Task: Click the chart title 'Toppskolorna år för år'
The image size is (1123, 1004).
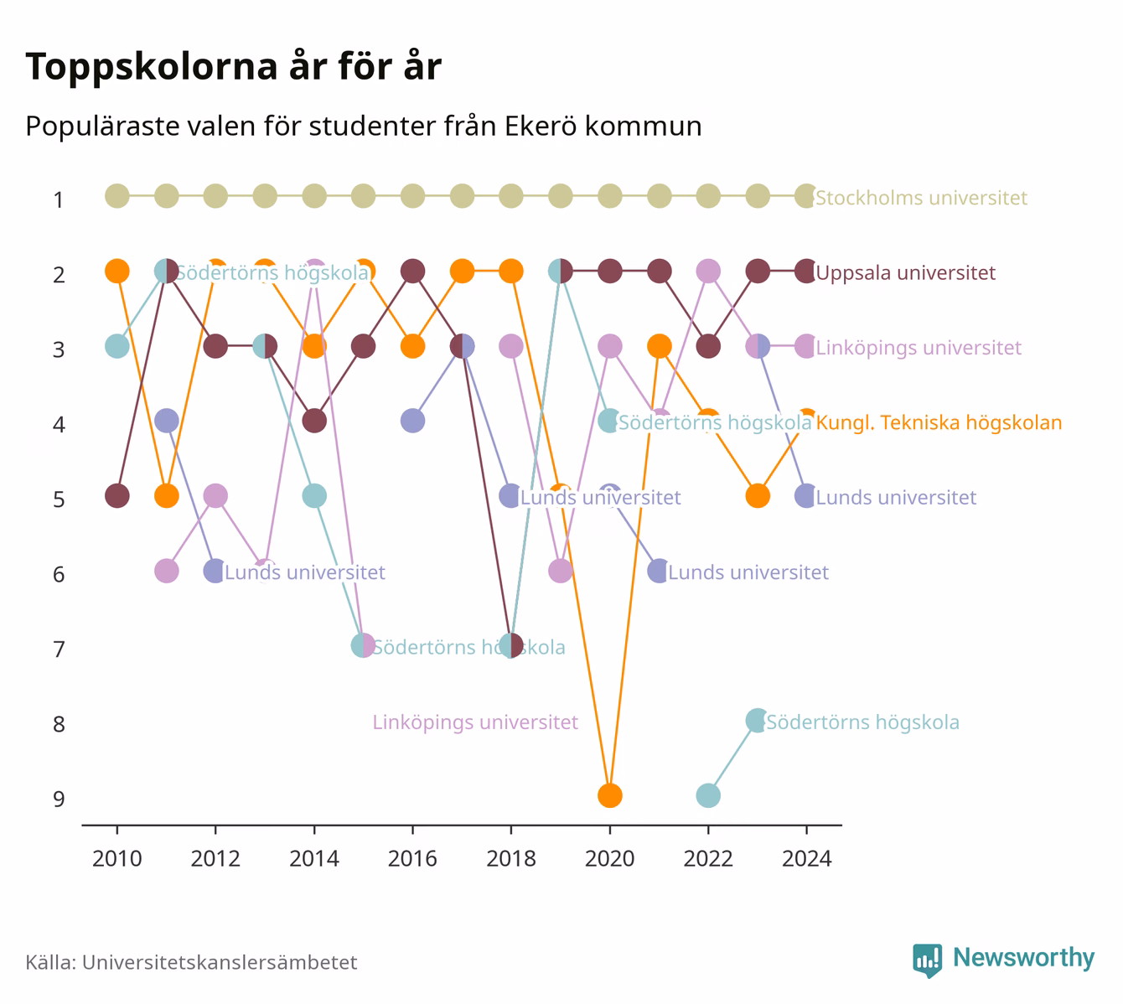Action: point(233,66)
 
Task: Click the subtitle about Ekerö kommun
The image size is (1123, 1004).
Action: point(364,127)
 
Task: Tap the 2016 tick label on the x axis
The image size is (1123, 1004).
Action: point(412,859)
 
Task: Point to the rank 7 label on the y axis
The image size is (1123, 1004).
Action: point(59,649)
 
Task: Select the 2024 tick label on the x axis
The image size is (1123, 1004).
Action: point(806,859)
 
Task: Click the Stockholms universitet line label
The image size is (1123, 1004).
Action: point(921,198)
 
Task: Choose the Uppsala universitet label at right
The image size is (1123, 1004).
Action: point(906,272)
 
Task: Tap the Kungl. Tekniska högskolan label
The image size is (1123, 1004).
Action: point(939,422)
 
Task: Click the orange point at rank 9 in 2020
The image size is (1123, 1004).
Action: point(610,795)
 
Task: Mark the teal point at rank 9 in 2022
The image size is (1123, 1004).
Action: point(708,795)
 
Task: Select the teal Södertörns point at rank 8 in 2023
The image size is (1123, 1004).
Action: point(757,721)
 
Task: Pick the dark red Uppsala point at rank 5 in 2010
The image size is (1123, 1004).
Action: point(117,495)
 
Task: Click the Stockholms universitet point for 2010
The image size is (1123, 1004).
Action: point(117,196)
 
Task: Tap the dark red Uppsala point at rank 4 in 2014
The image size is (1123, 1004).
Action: point(314,421)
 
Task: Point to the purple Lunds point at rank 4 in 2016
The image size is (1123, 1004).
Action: point(412,421)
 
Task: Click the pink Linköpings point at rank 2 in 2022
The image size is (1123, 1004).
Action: point(708,271)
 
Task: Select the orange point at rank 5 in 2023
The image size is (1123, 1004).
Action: point(757,495)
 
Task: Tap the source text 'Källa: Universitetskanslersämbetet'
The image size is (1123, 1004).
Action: point(191,962)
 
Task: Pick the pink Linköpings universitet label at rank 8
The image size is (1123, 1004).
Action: point(475,722)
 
